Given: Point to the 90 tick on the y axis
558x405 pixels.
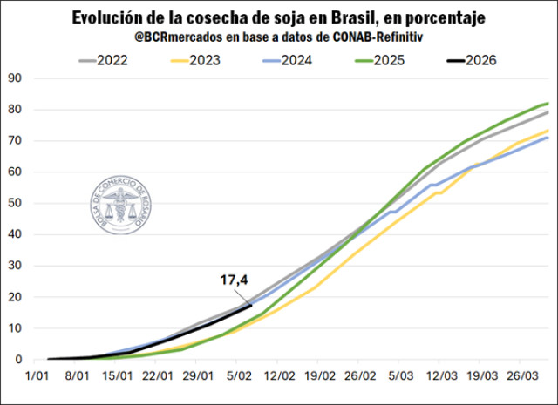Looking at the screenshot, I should pyautogui.click(x=15, y=78).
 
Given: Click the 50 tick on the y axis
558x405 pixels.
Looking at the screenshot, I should pyautogui.click(x=15, y=203).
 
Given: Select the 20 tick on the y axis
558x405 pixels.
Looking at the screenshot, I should pyautogui.click(x=15, y=297).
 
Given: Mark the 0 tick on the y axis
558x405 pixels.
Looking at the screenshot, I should pyautogui.click(x=18, y=359).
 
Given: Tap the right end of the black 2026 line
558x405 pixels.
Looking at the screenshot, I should pyautogui.click(x=251, y=305).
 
